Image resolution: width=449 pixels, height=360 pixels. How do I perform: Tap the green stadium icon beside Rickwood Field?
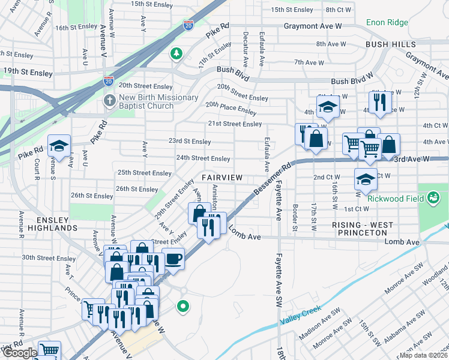click(x=432, y=197)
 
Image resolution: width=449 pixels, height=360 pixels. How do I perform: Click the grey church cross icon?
click(x=109, y=100)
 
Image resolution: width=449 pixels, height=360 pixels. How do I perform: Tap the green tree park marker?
click(x=176, y=54)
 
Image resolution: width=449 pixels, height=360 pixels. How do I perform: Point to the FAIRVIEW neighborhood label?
click(x=222, y=178)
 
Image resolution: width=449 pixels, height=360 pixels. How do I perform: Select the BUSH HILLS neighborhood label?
click(x=390, y=45)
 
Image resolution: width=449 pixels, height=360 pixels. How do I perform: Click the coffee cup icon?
click(x=173, y=259)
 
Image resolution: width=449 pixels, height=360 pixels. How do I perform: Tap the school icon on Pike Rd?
click(x=59, y=146)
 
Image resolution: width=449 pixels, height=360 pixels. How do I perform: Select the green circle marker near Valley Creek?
click(x=183, y=307)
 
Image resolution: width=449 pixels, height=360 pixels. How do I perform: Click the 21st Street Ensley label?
click(x=235, y=124)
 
